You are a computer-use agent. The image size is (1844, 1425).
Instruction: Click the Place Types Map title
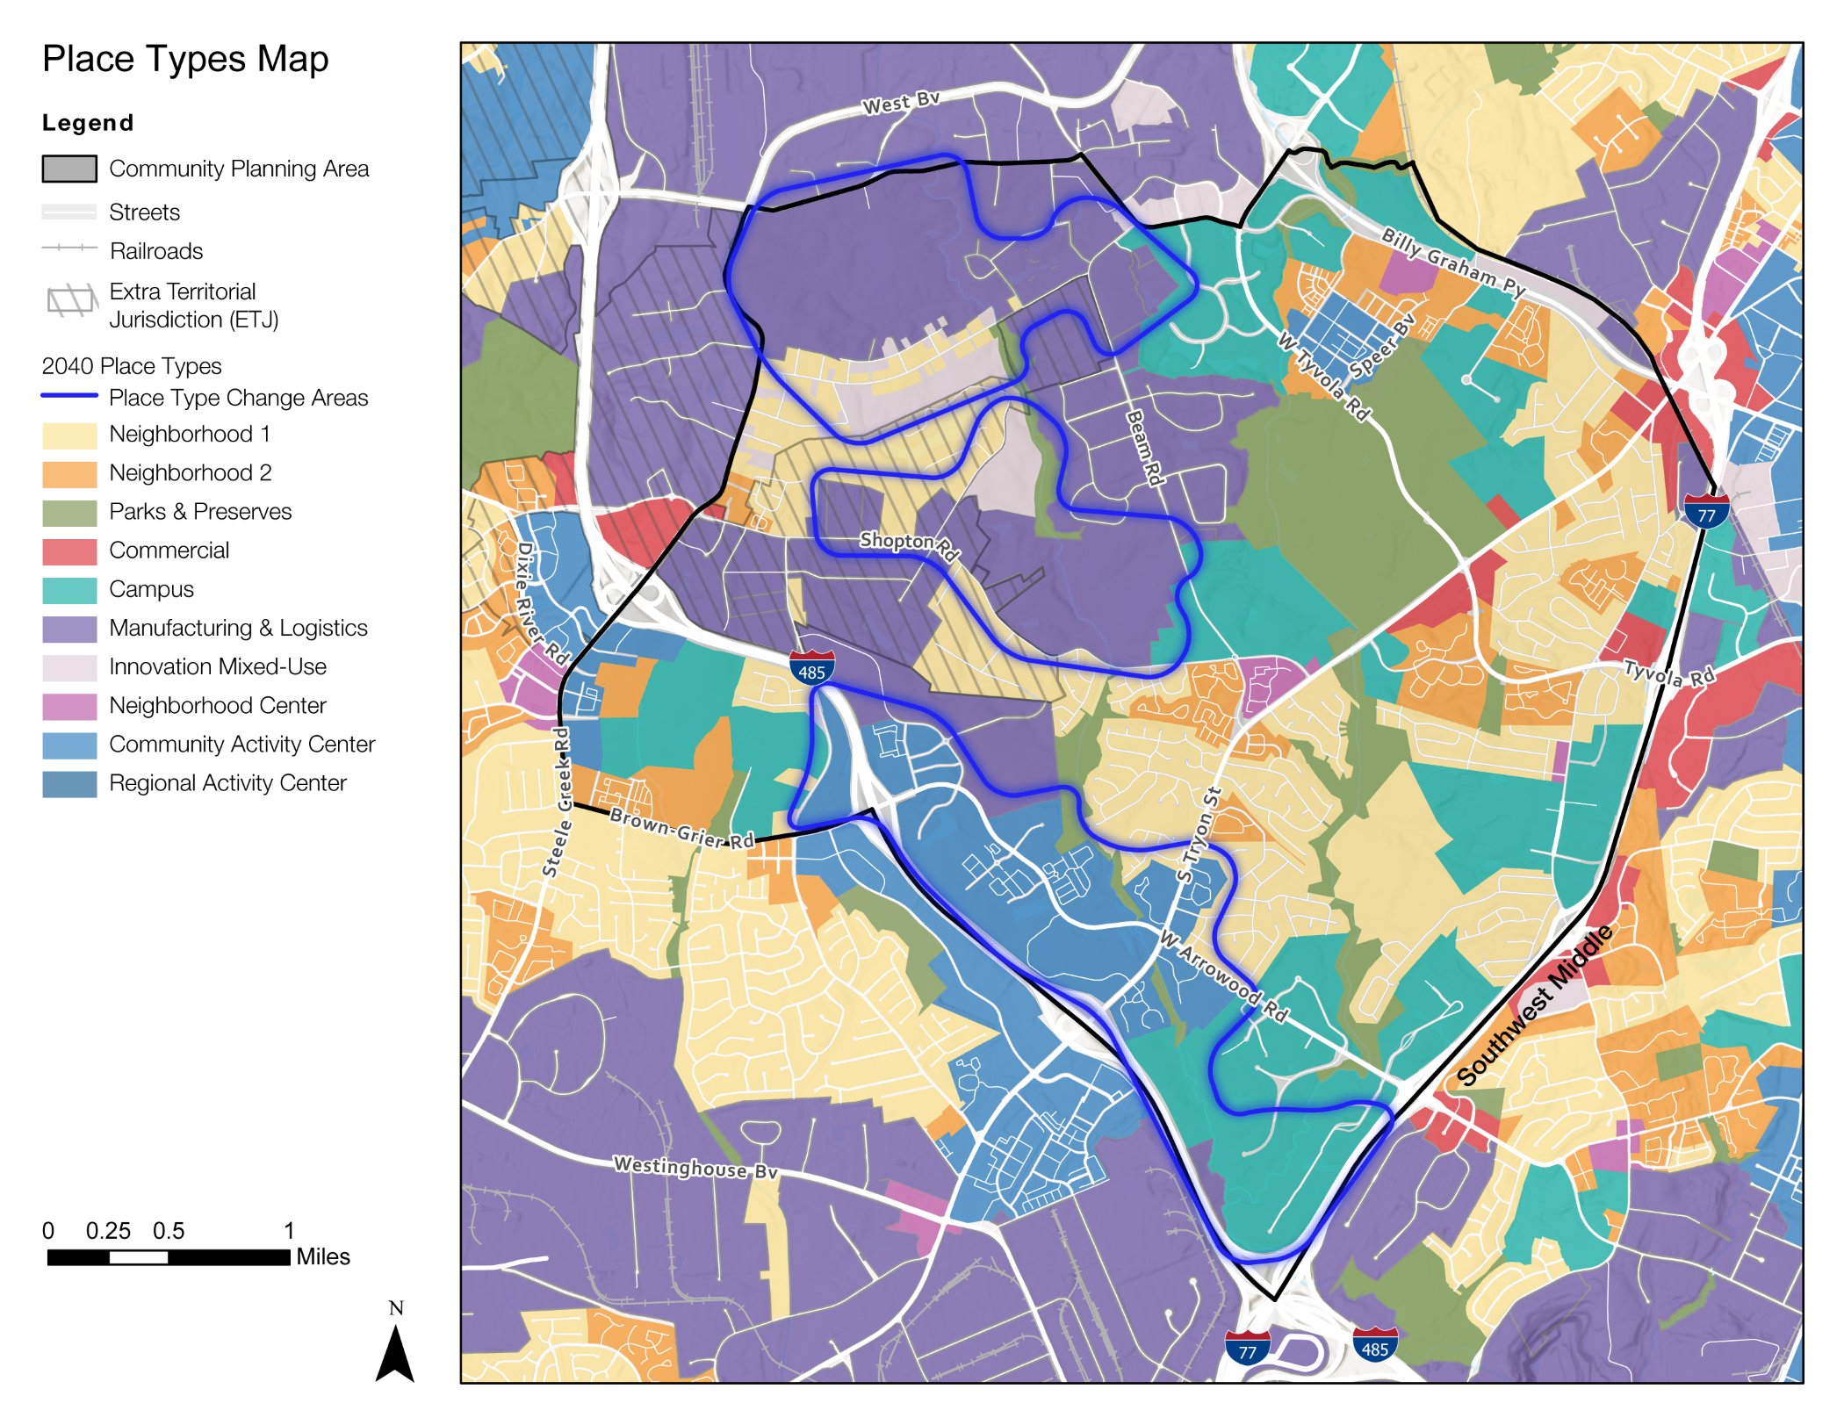[x=185, y=59]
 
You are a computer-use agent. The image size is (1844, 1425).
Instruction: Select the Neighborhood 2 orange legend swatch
[x=69, y=474]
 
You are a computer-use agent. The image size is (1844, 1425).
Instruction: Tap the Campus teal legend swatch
[x=69, y=590]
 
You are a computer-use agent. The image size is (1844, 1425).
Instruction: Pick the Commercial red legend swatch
[x=69, y=551]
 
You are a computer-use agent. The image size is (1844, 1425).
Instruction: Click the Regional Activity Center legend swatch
[x=69, y=784]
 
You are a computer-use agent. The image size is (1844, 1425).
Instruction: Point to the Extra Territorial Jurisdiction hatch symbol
[x=70, y=301]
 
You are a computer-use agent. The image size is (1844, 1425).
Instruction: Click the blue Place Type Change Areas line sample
[x=69, y=396]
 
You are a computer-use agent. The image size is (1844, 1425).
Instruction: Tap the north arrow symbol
[x=395, y=1352]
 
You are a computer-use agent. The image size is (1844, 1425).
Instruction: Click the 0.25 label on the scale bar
[x=108, y=1231]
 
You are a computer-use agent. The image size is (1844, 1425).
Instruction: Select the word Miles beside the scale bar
[x=323, y=1256]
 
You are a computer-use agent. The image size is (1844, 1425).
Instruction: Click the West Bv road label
[x=901, y=103]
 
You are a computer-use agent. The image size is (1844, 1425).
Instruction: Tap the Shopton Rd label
[x=909, y=545]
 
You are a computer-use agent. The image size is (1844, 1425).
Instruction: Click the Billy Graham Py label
[x=1453, y=262]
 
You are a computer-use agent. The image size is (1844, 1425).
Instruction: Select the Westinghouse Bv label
[x=695, y=1167]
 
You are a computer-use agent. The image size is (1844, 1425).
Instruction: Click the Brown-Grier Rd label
[x=682, y=828]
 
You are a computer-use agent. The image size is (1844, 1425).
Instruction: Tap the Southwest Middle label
[x=1535, y=1004]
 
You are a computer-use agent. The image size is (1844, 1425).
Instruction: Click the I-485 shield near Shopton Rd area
[x=811, y=668]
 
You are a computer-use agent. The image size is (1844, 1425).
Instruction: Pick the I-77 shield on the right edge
[x=1706, y=511]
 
